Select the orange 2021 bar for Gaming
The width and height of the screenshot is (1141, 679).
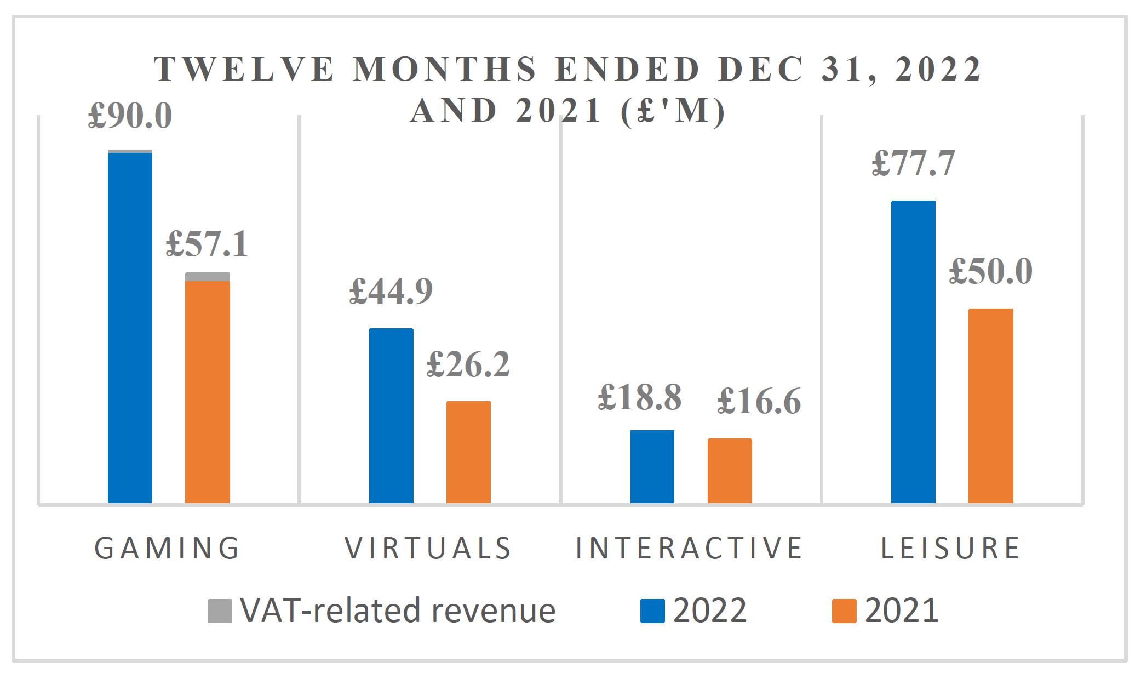point(207,392)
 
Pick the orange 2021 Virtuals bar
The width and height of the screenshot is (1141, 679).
point(468,452)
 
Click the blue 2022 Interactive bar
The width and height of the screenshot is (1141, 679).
point(652,466)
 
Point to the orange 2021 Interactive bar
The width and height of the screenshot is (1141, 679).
point(730,471)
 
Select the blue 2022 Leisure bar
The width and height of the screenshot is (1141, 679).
point(913,352)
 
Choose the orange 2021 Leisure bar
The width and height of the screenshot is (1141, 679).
point(990,406)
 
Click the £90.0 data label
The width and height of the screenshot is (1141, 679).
point(130,116)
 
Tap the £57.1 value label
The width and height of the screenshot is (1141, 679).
point(207,244)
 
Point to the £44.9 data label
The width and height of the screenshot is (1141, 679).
point(391,291)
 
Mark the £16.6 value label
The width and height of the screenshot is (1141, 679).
point(759,402)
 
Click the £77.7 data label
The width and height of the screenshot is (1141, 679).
point(913,163)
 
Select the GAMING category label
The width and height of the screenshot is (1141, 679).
point(167,548)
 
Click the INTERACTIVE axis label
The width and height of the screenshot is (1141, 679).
point(689,548)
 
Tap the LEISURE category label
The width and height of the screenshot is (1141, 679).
point(950,548)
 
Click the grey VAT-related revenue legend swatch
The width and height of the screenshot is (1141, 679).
point(220,611)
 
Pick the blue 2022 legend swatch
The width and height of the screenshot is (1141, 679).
point(652,611)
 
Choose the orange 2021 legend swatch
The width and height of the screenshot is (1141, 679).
point(844,611)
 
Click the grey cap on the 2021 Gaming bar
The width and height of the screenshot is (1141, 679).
point(207,276)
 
